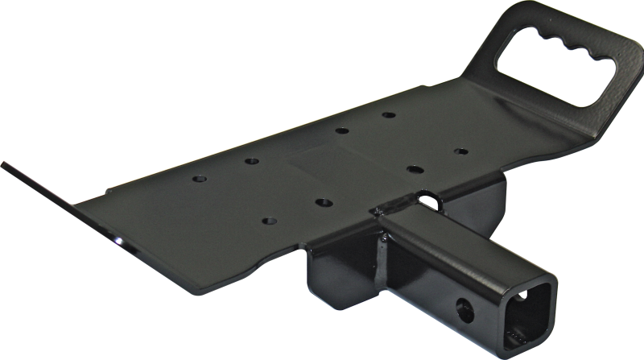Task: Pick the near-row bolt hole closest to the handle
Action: tap(460, 150)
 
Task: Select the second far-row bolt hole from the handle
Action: tap(341, 131)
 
